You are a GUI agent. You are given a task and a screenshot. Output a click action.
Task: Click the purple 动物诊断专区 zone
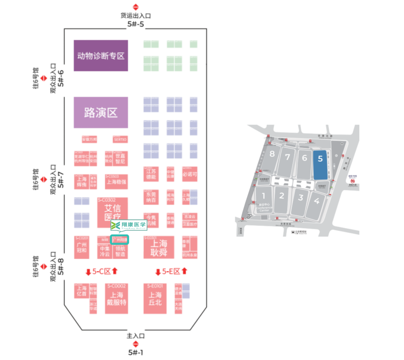click(x=101, y=56)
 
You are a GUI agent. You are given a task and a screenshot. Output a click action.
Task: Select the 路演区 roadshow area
click(x=101, y=113)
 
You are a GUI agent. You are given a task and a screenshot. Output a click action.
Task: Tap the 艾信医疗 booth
click(x=112, y=212)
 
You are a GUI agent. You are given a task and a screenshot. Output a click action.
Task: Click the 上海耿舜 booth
click(x=159, y=247)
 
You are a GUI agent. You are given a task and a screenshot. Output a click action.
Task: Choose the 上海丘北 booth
click(x=155, y=298)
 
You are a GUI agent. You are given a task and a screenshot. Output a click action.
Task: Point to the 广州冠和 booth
click(x=81, y=247)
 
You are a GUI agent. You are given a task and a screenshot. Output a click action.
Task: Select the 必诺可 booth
click(x=190, y=174)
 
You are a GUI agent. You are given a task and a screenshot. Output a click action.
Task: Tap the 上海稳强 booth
click(x=116, y=182)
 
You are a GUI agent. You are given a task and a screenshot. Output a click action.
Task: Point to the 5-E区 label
click(x=172, y=271)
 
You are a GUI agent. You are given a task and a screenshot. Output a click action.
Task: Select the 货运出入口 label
click(x=135, y=16)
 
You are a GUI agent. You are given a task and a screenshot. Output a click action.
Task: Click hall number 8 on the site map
click(x=272, y=154)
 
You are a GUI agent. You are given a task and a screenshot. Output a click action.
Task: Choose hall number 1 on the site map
click(x=264, y=196)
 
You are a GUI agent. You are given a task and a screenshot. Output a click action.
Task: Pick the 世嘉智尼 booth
click(x=120, y=159)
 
